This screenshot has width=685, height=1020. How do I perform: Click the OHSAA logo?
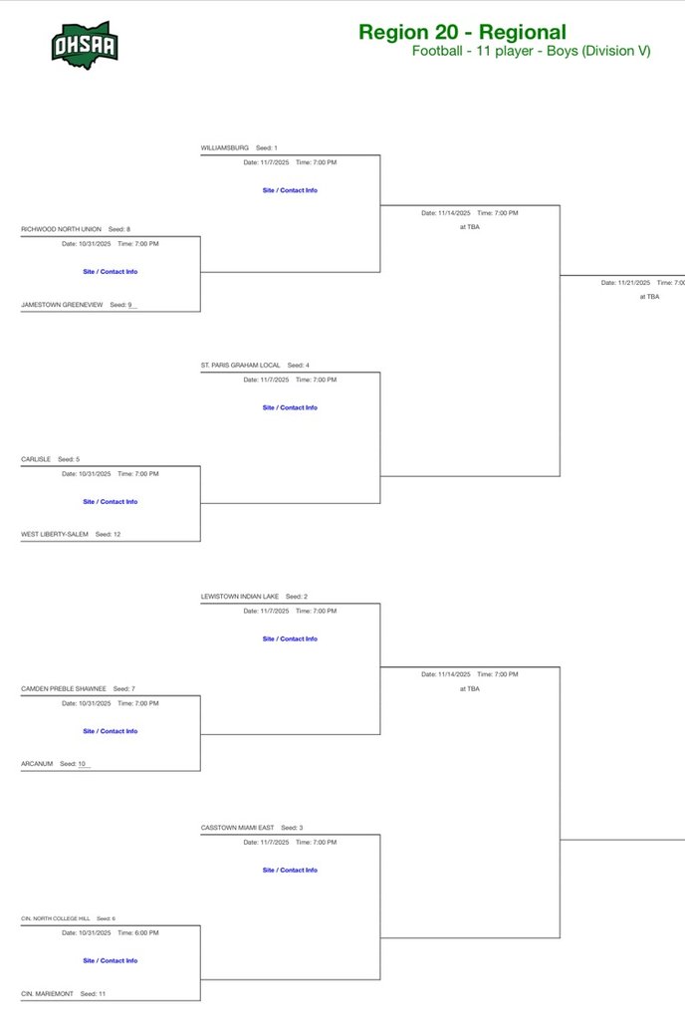point(85,42)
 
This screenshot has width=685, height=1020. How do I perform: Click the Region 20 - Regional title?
point(462,33)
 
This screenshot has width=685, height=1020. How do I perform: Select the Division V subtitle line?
point(531,51)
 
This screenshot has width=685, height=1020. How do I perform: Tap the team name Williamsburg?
point(225,147)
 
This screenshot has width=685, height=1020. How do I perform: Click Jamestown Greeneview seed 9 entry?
point(63,305)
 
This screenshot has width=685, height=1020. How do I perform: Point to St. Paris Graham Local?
point(240,366)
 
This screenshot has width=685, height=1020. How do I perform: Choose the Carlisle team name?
point(36,459)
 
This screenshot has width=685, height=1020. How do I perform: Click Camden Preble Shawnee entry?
point(64,688)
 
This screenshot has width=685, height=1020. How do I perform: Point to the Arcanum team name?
point(37,764)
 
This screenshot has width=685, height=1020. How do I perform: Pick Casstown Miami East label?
point(237,828)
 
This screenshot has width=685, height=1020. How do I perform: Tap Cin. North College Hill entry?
point(55,918)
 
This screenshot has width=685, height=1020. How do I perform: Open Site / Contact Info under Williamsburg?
point(290,190)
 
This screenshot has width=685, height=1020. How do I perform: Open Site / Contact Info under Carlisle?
point(111,502)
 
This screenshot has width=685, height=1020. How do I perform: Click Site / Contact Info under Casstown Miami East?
point(290,871)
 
